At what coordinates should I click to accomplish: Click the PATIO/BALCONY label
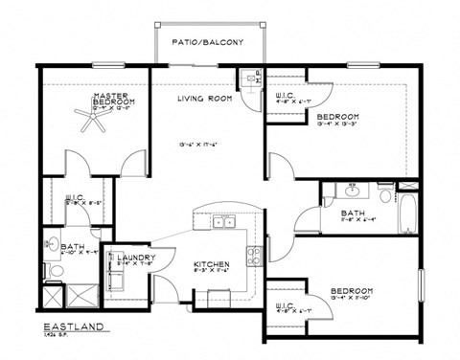coord(208,43)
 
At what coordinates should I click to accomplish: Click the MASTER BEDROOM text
coord(111,99)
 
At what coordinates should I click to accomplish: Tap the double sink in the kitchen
coord(224,222)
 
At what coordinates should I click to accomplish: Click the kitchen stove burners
coord(255,257)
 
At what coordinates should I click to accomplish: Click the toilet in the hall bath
coord(385,196)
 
